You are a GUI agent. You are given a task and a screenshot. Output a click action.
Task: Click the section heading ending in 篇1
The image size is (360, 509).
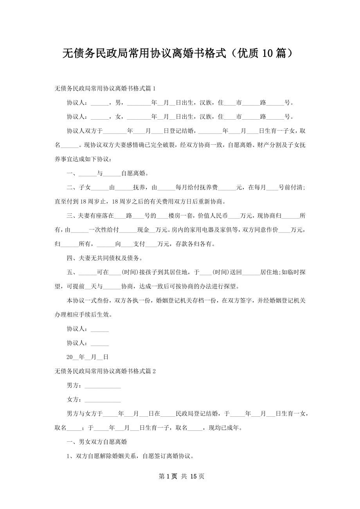[106, 89]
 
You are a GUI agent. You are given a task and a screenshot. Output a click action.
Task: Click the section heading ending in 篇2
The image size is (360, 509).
[106, 371]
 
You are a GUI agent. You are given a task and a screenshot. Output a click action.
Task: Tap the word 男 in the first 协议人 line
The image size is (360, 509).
[118, 103]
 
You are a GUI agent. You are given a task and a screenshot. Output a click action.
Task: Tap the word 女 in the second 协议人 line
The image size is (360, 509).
[118, 117]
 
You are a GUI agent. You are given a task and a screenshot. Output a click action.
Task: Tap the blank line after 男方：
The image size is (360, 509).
[103, 386]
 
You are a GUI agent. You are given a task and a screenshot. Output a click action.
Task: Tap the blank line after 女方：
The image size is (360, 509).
[103, 400]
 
